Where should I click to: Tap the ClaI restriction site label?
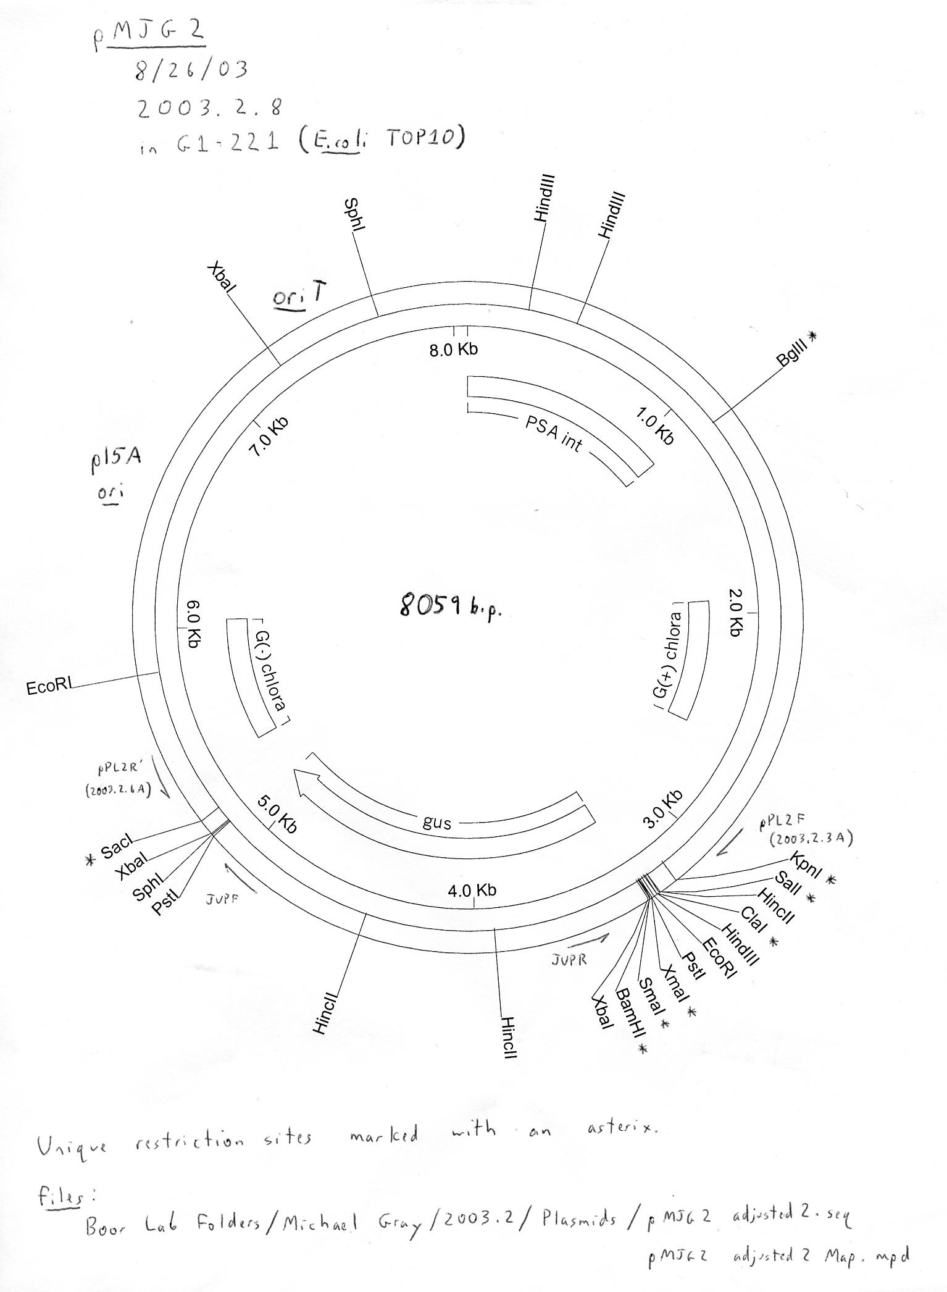[x=753, y=918]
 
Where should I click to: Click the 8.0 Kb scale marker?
[x=454, y=350]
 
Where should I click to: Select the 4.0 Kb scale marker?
[x=472, y=890]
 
